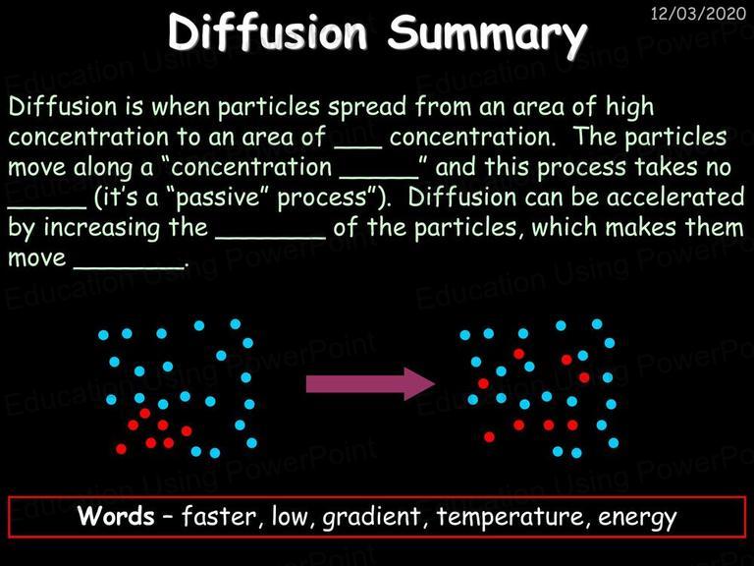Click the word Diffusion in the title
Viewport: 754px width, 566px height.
(267, 31)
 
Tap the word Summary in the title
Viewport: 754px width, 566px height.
(488, 34)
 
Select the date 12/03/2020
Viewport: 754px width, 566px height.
(698, 13)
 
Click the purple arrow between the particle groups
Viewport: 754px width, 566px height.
(371, 383)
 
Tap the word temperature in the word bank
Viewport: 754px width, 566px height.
(512, 518)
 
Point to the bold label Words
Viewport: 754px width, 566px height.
(116, 516)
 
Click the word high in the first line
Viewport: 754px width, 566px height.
(629, 107)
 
